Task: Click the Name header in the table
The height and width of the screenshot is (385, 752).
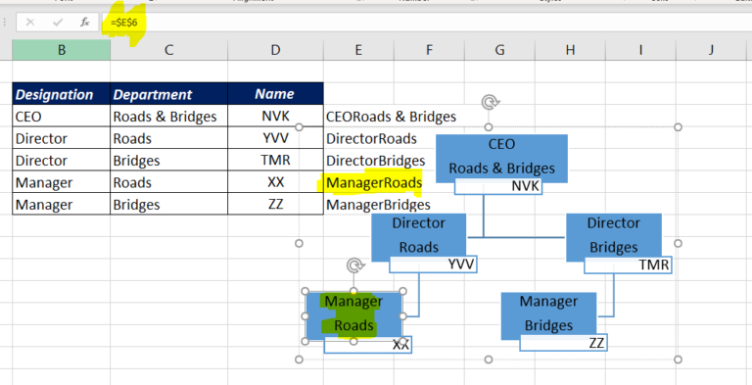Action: click(x=274, y=94)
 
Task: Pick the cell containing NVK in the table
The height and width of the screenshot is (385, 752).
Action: click(x=275, y=116)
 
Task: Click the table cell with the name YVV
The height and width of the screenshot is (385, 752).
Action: click(x=275, y=138)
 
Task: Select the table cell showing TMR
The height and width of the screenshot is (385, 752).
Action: click(x=275, y=160)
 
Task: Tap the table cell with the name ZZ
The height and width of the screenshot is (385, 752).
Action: click(x=275, y=204)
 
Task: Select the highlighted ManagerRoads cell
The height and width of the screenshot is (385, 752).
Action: click(x=373, y=182)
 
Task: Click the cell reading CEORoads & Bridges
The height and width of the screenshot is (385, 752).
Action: click(x=391, y=117)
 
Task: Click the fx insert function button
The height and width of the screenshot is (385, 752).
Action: click(x=85, y=21)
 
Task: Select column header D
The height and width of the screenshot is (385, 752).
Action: click(x=275, y=49)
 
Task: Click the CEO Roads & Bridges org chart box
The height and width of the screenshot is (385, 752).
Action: click(x=500, y=156)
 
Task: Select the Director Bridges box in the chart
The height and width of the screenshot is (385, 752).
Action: click(x=613, y=235)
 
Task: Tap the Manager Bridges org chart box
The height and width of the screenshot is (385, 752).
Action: click(x=548, y=313)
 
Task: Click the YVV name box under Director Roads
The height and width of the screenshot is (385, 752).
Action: click(x=432, y=265)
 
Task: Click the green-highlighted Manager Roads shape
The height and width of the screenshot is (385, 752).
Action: click(x=352, y=313)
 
